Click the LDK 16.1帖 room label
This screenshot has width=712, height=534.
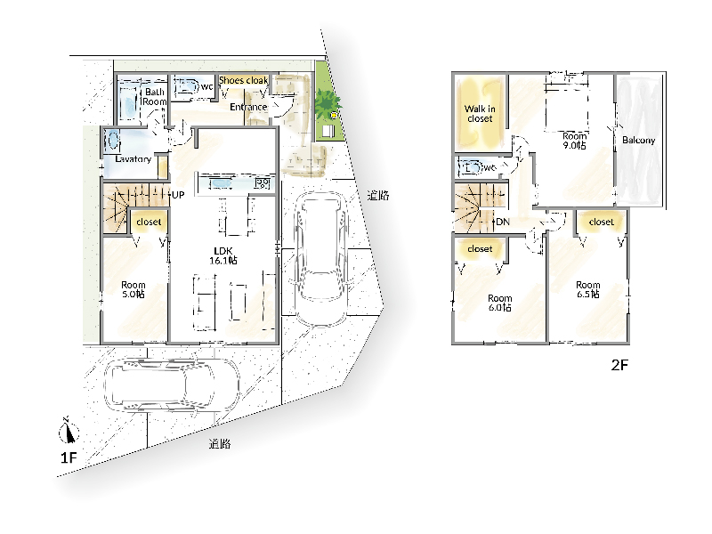coord(223,255)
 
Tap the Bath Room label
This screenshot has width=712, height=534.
coord(154,97)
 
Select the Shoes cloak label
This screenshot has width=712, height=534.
coord(243,80)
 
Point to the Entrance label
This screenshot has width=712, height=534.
coord(248,107)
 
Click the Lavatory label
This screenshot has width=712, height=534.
coord(133,159)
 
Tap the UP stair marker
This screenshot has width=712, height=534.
coord(178,195)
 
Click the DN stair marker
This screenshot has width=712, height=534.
coord(503,222)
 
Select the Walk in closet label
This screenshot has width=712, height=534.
coord(480,114)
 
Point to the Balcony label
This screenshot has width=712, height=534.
coord(639,141)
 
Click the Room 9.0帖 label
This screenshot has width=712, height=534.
coord(574,141)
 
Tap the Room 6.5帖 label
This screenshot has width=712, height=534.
coord(588,289)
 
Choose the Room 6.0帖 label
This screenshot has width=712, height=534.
coord(500,303)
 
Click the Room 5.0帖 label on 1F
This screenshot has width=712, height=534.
coord(133,289)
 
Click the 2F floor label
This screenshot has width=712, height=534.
coord(619,365)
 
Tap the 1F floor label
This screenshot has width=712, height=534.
coord(69,457)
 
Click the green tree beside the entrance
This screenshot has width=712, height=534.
coord(328,103)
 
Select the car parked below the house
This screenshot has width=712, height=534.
coord(172,385)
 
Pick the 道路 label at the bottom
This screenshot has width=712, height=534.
coord(220,444)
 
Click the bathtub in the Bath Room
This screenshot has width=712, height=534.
coord(128,102)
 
